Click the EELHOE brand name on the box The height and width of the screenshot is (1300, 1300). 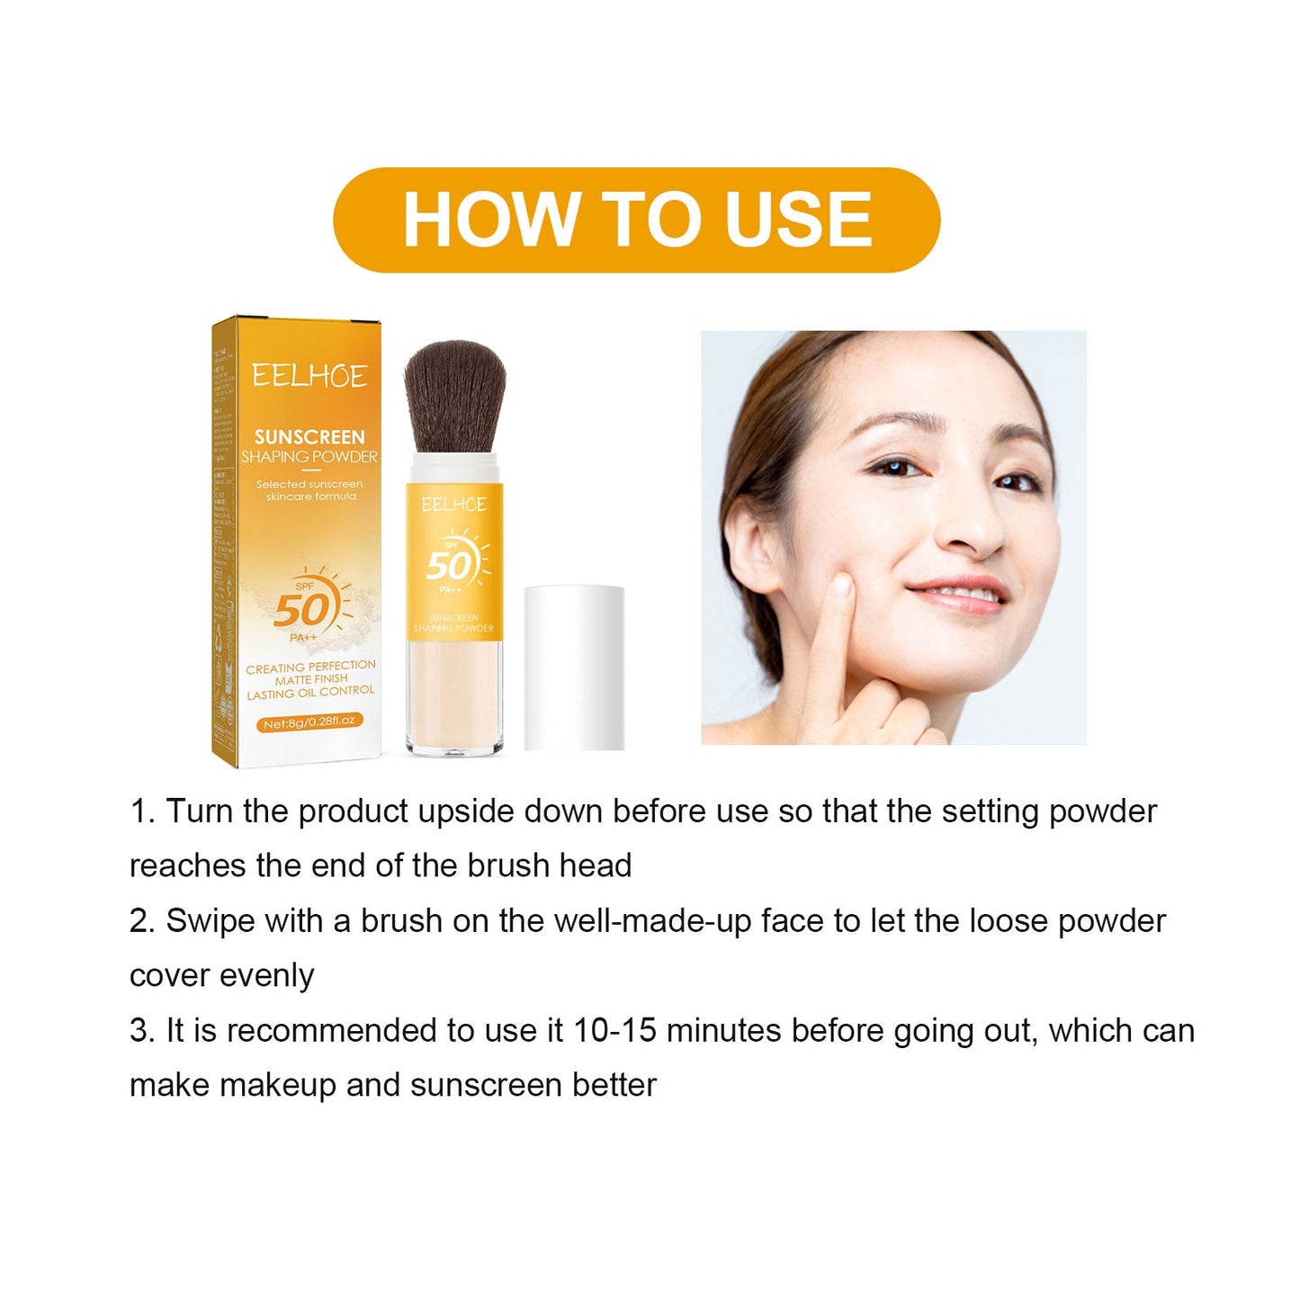[309, 376]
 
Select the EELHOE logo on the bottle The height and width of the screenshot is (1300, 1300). [454, 505]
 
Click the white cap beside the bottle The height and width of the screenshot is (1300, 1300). [574, 667]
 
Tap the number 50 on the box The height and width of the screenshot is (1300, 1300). [302, 611]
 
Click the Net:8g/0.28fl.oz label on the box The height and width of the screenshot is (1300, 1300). [309, 722]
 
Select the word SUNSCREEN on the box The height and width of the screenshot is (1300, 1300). [309, 437]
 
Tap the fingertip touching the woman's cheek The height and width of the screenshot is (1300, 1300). [840, 587]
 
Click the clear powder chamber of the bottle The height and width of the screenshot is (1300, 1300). [453, 693]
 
